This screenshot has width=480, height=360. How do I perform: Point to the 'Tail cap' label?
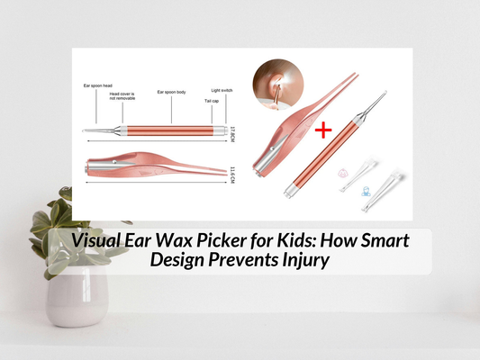208,101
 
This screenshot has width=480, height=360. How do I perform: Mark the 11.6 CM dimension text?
232,170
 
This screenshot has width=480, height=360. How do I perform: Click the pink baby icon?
346,170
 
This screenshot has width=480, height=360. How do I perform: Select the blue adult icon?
367,191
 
